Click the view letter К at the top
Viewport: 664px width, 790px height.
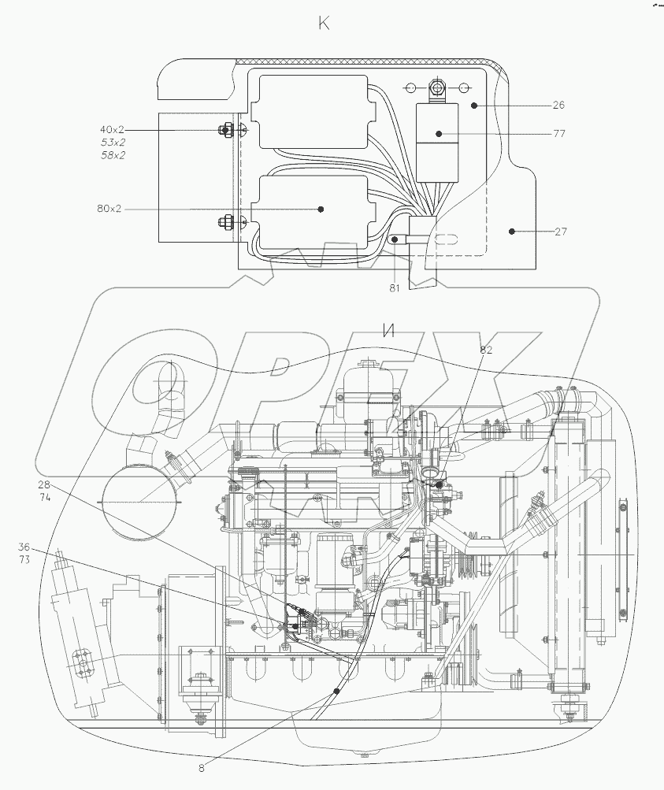tap(324, 24)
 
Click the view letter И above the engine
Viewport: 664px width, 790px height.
tap(387, 331)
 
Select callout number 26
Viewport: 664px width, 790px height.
tap(558, 105)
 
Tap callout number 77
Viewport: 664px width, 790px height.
tap(558, 134)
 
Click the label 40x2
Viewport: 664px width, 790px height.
tap(113, 129)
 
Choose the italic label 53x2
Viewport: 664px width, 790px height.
tap(113, 143)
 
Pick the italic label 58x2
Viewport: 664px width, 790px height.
tap(113, 155)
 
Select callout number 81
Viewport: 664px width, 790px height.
tap(394, 288)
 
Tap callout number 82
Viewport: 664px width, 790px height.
tap(486, 350)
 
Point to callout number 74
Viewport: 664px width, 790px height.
tap(43, 498)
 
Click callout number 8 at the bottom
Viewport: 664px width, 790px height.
tap(201, 768)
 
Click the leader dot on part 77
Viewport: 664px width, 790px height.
tap(441, 134)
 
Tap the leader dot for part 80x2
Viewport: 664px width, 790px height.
tap(321, 209)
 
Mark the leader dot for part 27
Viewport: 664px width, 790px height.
tap(512, 232)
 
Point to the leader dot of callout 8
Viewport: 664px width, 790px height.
tap(336, 691)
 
